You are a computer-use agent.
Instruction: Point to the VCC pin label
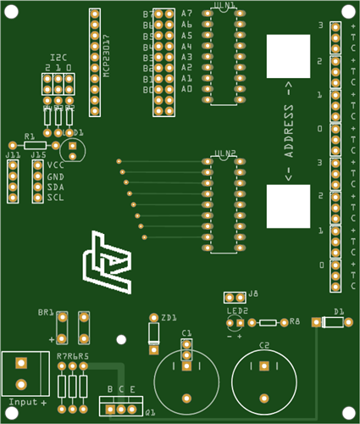tap(55, 165)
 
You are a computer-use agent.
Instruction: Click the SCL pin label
tap(55, 197)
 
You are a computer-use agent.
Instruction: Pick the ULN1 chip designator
tap(224, 6)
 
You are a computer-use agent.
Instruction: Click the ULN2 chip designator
tap(225, 154)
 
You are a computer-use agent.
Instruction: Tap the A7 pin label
tap(186, 14)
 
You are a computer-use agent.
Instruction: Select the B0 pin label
tap(148, 89)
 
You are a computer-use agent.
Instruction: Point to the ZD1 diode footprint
tap(153, 336)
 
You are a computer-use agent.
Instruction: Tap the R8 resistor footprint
tap(268, 322)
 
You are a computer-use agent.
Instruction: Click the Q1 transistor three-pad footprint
tap(123, 409)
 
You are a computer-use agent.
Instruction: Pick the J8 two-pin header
tap(235, 297)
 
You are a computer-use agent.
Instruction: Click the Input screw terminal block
tap(24, 373)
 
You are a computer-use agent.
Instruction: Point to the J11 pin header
tap(13, 180)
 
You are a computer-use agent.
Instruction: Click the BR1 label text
tap(46, 312)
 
